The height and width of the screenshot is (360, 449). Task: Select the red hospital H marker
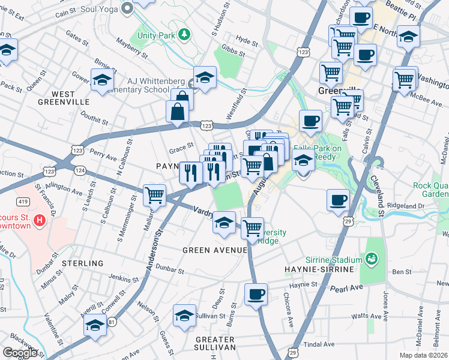(x=40, y=221)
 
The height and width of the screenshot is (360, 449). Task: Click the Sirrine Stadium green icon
(x=373, y=259)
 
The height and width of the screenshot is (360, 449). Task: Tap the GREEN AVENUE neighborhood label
(x=215, y=250)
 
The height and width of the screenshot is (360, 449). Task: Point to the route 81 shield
(x=112, y=322)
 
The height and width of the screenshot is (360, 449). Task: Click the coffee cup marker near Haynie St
(x=256, y=294)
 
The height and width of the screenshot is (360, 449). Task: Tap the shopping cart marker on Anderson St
(x=155, y=194)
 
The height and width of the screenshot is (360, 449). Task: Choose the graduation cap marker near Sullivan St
(x=184, y=316)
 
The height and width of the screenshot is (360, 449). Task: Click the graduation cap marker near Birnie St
(x=102, y=80)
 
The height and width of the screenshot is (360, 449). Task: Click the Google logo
(x=20, y=353)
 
